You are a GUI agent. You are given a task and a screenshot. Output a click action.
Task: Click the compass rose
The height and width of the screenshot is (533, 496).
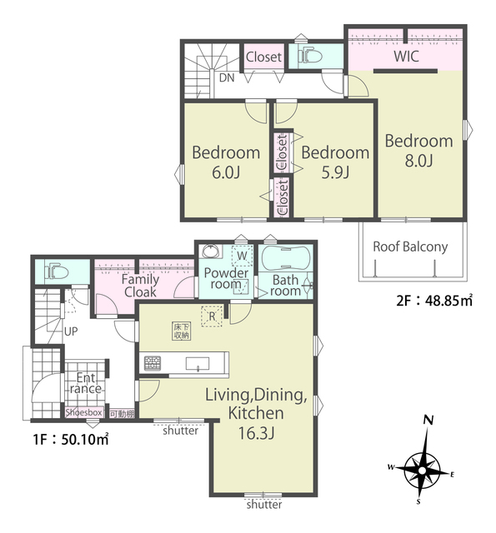pos(422,471)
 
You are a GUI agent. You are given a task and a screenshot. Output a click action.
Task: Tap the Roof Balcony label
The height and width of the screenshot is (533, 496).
pos(410,247)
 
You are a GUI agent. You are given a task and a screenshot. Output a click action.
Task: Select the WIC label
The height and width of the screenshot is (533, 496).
pos(406,57)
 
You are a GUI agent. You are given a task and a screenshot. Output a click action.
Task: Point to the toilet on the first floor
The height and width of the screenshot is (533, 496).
pos(57,271)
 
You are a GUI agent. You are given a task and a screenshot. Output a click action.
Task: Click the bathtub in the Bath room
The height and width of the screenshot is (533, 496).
pos(285,257)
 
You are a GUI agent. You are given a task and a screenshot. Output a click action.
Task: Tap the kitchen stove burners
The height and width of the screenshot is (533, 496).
pos(153,363)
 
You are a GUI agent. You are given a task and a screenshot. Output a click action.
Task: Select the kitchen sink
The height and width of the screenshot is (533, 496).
pos(198,363)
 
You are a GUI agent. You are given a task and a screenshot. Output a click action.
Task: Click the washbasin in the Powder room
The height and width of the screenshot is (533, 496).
pos(208,252)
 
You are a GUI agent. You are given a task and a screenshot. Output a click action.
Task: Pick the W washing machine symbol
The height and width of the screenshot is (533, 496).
pos(242,256)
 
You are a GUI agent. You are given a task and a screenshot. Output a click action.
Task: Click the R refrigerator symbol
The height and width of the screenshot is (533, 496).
pos(212,316)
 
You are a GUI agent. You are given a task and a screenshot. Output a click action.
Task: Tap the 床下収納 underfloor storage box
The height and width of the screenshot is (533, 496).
pos(181,331)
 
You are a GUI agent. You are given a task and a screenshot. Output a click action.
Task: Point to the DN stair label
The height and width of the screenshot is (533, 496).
pos(227,77)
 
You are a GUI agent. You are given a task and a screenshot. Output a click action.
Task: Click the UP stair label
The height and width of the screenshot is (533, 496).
pos(71,331)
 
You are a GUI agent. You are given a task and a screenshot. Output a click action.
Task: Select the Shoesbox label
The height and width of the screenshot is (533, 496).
pos(83,413)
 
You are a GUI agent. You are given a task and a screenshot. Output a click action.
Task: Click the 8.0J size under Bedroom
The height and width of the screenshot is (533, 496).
pos(418,160)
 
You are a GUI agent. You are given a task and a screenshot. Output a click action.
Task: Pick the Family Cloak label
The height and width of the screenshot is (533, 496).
pos(140,286)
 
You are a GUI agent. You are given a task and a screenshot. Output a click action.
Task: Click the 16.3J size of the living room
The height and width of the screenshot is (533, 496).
pos(256,433)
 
